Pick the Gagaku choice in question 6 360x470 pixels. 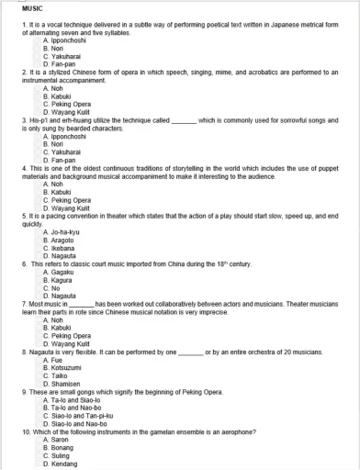(x=58, y=273)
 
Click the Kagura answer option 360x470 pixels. (x=58, y=281)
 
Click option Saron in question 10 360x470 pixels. (x=56, y=440)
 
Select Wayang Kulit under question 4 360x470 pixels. (x=65, y=208)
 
